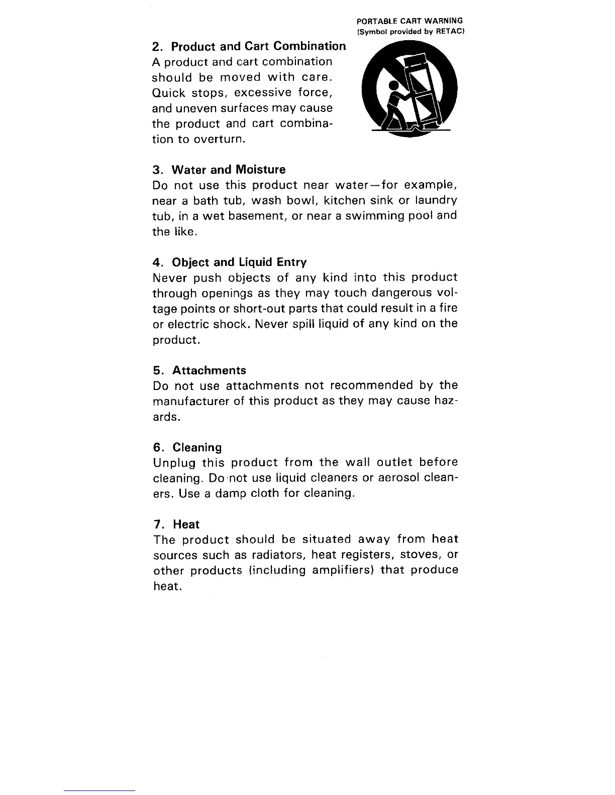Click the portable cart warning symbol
[x=409, y=90]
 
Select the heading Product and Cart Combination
[x=249, y=47]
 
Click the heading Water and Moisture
[x=219, y=170]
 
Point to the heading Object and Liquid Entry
[x=230, y=262]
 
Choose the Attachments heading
[x=199, y=370]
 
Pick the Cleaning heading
[x=187, y=447]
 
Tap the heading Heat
[x=176, y=524]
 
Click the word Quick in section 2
[x=168, y=93]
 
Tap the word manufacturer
[x=190, y=402]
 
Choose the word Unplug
[x=173, y=463]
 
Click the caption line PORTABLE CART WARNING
[x=409, y=21]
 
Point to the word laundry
[x=436, y=201]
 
